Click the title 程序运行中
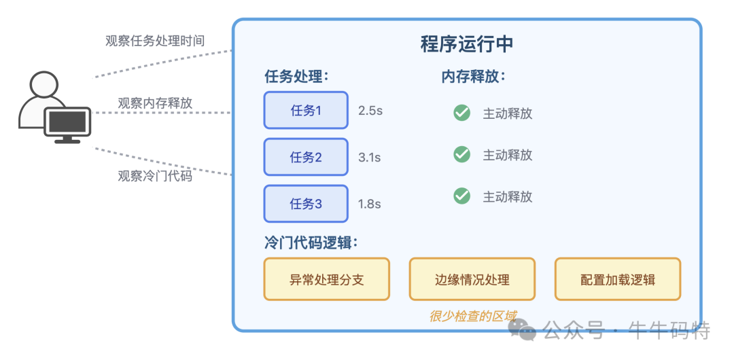click(467, 45)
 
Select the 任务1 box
click(306, 110)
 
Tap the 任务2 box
click(306, 158)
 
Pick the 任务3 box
click(306, 204)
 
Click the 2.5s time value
click(370, 111)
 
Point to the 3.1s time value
click(369, 158)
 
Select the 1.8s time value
click(369, 204)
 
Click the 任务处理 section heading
click(296, 77)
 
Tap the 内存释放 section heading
click(474, 77)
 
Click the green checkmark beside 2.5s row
click(462, 113)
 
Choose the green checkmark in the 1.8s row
click(462, 196)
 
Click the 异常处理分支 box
click(326, 279)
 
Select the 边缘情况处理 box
click(472, 279)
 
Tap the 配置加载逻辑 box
click(618, 279)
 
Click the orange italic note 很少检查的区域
click(472, 316)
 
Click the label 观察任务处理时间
click(155, 41)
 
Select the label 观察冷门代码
click(155, 176)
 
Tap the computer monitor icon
click(67, 124)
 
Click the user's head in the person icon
click(42, 86)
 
